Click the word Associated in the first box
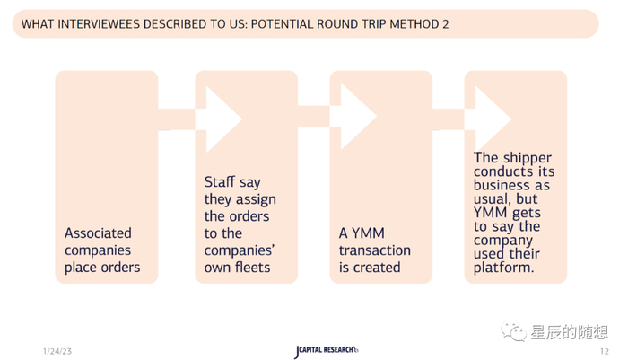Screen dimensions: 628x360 (x=98, y=233)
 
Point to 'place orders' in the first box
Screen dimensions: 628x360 (x=102, y=268)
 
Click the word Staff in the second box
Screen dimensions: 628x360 (x=220, y=182)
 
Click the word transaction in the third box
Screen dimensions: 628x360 (x=374, y=250)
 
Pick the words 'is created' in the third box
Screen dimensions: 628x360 (x=369, y=268)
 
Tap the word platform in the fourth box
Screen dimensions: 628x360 (x=503, y=268)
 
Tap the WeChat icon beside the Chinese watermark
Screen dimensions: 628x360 (x=514, y=332)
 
